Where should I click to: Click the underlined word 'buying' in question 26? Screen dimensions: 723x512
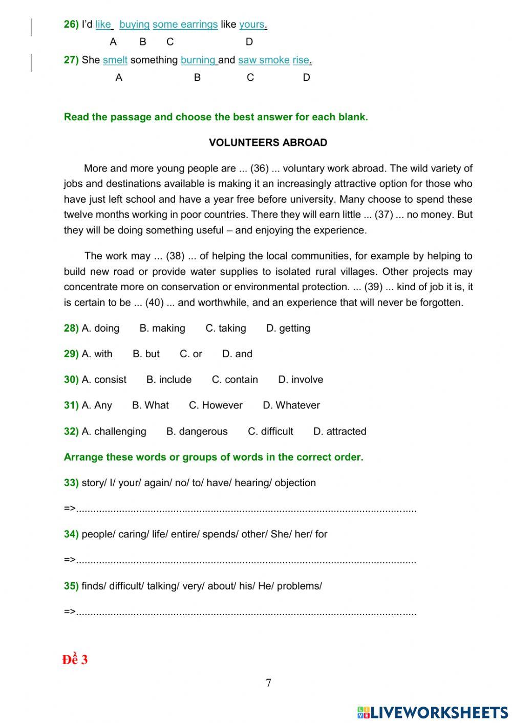coord(134,24)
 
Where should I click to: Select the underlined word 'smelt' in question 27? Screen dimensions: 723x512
coord(115,60)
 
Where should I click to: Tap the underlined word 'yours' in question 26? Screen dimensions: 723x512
coord(252,24)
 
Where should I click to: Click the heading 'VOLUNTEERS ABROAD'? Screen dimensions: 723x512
coord(268,143)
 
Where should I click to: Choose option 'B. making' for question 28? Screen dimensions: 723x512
coord(162,328)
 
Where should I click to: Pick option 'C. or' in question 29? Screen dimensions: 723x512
coord(191,354)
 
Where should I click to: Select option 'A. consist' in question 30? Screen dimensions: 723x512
coord(104,380)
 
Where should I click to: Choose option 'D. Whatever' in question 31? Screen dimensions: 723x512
coord(291,405)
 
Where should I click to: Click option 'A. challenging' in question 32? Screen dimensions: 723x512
coord(114,431)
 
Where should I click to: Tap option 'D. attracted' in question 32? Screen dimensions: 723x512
coord(339,431)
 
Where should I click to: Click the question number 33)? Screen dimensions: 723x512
coord(71,483)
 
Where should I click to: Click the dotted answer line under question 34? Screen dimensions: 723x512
coord(246,561)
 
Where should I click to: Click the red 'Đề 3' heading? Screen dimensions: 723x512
coord(75,660)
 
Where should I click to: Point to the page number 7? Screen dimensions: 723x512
coord(268,683)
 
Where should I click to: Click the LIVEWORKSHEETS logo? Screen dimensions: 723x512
coord(433,712)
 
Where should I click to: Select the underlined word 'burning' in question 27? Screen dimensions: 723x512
coord(198,60)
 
